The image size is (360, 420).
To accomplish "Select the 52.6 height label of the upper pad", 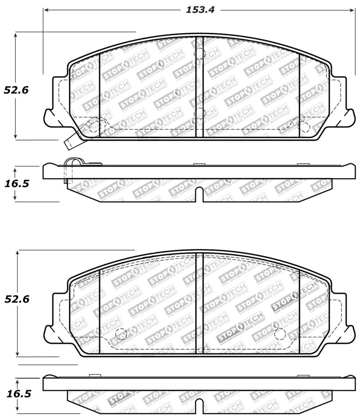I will tap(16, 90).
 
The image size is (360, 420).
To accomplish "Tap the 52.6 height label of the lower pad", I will tap(17, 299).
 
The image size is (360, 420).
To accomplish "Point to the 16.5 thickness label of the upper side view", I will tap(17, 184).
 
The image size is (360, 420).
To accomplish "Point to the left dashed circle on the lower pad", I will tap(121, 334).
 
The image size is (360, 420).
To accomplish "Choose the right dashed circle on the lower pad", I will tap(280, 334).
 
